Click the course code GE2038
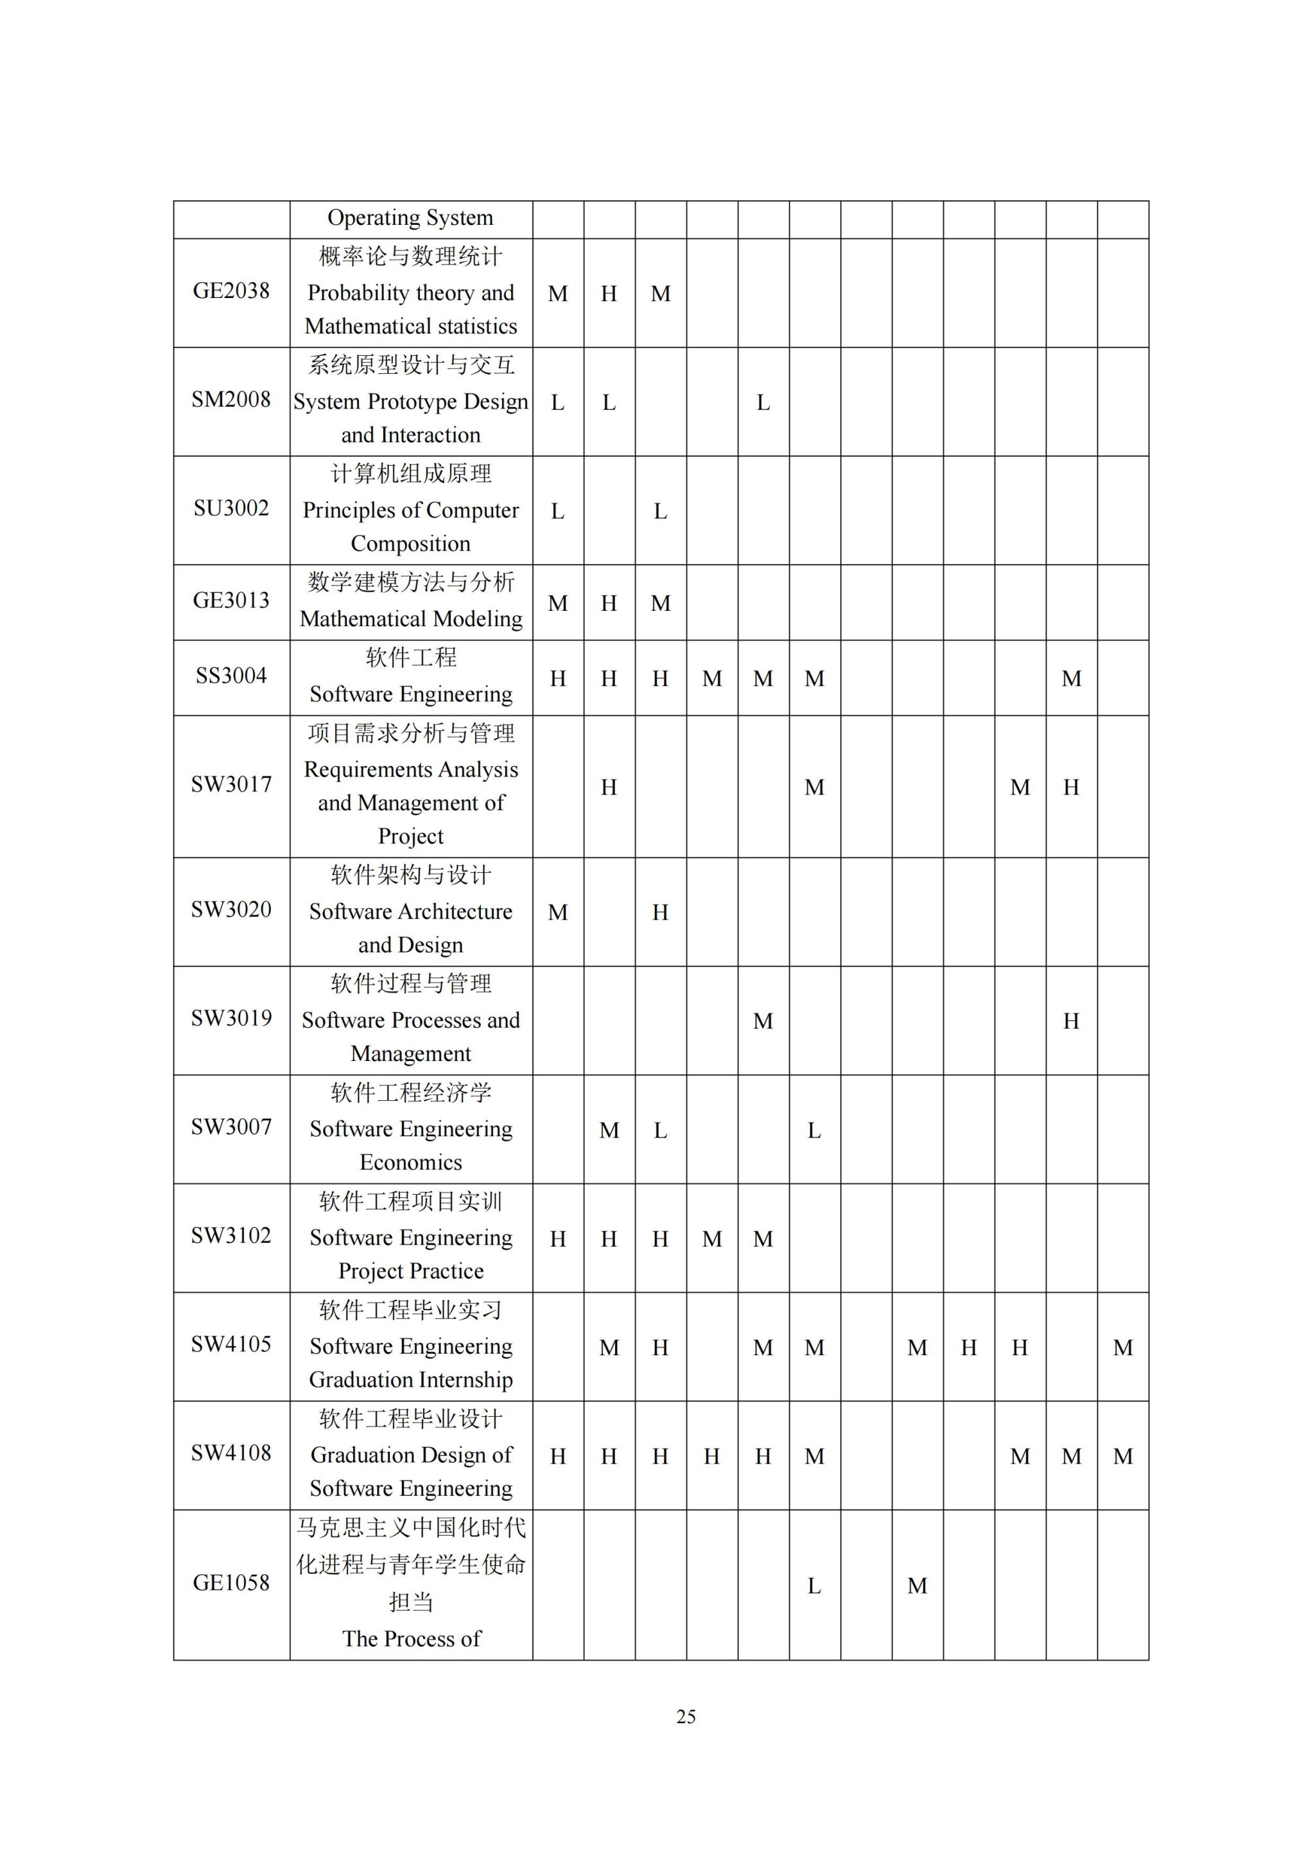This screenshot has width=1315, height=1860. (231, 291)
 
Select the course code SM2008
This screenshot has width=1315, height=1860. (231, 399)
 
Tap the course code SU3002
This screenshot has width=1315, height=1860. (231, 508)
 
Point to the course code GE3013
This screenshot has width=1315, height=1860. (231, 601)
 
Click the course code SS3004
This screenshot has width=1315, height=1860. (231, 676)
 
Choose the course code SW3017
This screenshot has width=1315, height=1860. (231, 784)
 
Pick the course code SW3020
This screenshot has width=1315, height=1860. (231, 909)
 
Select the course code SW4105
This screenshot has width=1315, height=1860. (231, 1345)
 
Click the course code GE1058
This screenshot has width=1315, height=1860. (231, 1583)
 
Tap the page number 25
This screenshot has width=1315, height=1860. (686, 1717)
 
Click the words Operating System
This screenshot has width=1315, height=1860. (410, 218)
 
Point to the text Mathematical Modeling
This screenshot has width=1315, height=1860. (410, 619)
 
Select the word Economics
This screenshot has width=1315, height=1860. (410, 1162)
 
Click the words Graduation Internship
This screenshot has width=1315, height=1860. (410, 1380)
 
